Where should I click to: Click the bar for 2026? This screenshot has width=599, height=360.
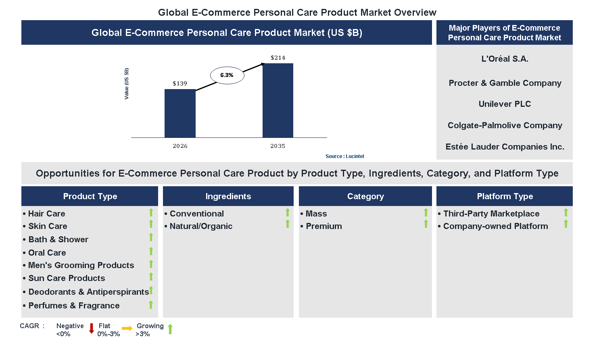coord(180,113)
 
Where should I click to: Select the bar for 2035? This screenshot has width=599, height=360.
coord(278,100)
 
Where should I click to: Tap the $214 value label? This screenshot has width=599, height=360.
coord(278,58)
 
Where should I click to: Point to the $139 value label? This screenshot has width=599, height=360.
coord(180,83)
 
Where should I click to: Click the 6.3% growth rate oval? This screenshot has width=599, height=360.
coord(227,75)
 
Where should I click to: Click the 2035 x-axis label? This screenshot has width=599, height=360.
coord(278,146)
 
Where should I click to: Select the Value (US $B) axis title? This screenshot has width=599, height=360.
coord(127,83)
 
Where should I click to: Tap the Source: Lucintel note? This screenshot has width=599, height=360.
coord(344,156)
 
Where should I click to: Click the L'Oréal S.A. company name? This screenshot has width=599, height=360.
coord(505,59)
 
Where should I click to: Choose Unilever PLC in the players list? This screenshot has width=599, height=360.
coord(505,104)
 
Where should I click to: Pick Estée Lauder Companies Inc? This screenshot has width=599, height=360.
coord(505,147)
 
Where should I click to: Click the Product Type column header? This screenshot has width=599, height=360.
coord(90,196)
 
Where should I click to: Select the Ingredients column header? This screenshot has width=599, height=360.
coord(228,196)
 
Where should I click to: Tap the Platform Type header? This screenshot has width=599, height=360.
coord(505,196)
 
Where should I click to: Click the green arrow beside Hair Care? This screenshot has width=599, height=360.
coord(151,212)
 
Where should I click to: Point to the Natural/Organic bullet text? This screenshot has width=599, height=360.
coord(201,226)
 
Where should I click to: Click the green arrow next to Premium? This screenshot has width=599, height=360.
coord(426,224)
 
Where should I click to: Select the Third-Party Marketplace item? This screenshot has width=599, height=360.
coord(491,214)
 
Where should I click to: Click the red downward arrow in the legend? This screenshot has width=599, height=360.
coord(92,329)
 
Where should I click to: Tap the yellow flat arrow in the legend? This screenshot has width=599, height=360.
coord(127,329)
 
